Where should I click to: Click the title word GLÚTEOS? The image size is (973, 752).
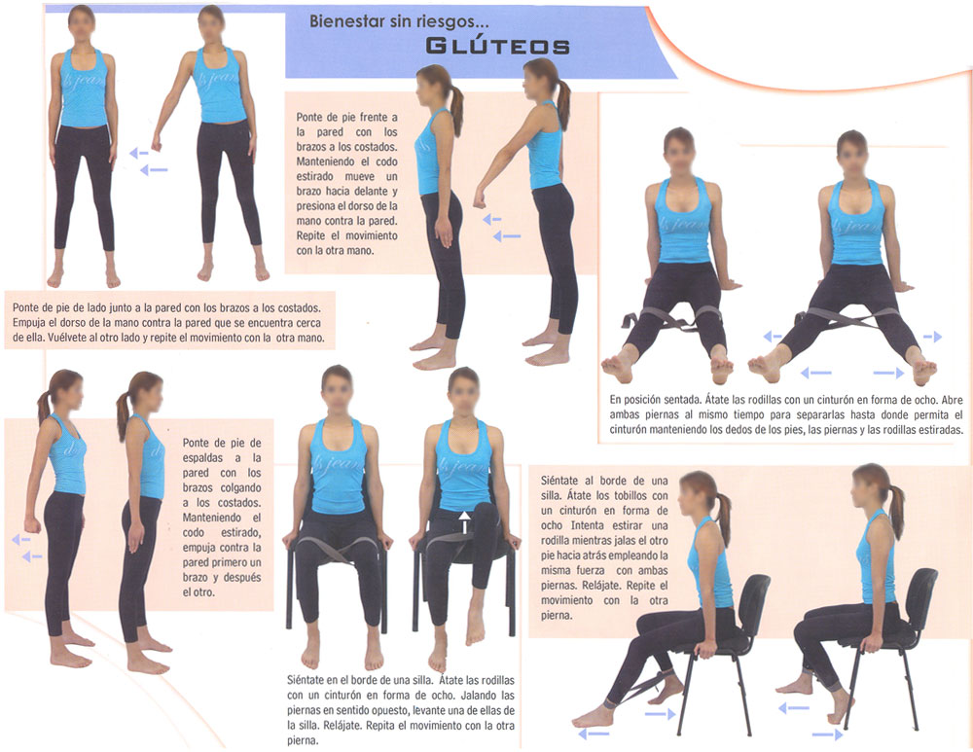(x=497, y=46)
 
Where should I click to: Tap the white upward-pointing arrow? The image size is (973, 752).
(x=464, y=522)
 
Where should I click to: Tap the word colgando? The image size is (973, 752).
(x=240, y=487)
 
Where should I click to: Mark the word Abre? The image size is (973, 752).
(x=952, y=400)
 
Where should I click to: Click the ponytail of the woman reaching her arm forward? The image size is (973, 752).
(x=564, y=102)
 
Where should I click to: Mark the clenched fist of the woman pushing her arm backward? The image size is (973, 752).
(x=32, y=525)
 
